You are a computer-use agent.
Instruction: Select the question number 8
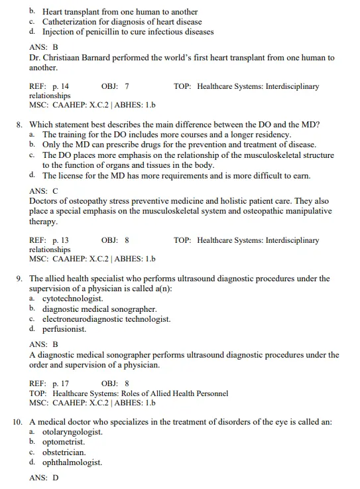[x=20, y=124]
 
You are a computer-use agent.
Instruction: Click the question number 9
[x=20, y=279]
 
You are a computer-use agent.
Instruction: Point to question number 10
[x=19, y=422]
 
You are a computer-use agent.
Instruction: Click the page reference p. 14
[x=60, y=86]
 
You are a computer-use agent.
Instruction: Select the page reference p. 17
[x=60, y=384]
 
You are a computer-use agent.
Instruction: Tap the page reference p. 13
[x=60, y=240]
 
